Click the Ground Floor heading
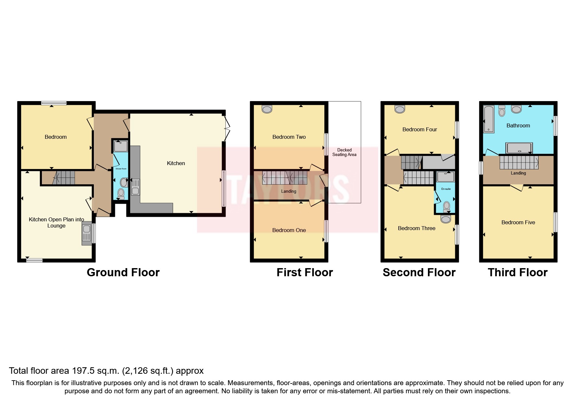(x=123, y=272)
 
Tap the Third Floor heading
(x=518, y=272)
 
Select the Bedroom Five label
(x=518, y=222)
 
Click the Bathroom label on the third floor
(x=518, y=125)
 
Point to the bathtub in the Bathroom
(x=488, y=119)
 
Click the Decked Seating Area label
(x=344, y=152)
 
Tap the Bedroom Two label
(x=289, y=137)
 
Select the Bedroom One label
(x=289, y=230)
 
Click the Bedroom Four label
(x=419, y=129)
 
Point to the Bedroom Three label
(x=417, y=228)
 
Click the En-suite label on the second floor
(x=446, y=189)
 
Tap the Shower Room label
(x=121, y=169)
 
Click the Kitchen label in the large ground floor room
(x=176, y=163)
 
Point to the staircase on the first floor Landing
(x=284, y=178)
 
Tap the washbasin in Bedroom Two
(x=267, y=109)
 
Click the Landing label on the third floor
(x=518, y=173)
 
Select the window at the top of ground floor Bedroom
(x=54, y=103)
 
